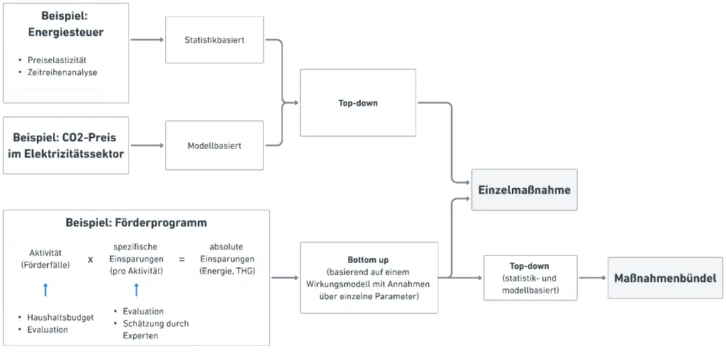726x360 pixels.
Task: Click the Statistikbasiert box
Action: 214,40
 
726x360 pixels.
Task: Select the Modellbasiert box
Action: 214,145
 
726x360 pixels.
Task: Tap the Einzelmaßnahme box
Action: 524,190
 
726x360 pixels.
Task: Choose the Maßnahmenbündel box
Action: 665,278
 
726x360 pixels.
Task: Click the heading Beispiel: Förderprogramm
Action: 136,223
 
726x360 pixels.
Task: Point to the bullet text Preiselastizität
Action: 57,60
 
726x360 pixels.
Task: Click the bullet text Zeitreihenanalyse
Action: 62,72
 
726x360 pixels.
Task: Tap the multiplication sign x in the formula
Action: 90,259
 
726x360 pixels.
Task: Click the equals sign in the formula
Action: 182,259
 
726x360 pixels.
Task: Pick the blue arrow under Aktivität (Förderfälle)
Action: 45,290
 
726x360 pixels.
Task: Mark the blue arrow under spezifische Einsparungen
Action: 136,290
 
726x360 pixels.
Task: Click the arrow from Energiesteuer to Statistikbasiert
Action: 147,40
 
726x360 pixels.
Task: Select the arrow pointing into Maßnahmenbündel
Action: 593,278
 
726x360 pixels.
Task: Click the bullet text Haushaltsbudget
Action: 60,317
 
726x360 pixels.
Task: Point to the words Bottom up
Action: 369,260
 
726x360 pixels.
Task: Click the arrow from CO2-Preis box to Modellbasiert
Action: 147,145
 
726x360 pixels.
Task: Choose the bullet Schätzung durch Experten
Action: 155,330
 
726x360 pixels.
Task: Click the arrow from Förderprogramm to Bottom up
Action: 285,278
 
